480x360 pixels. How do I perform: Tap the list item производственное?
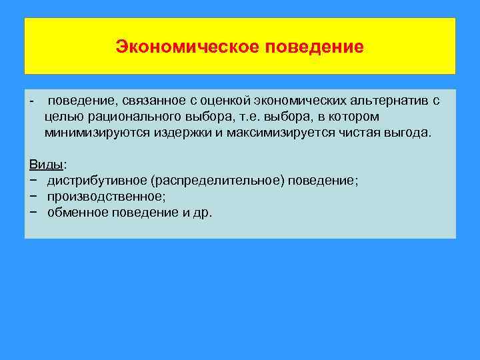pos(106,196)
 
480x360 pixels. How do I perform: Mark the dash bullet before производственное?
pos(33,196)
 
